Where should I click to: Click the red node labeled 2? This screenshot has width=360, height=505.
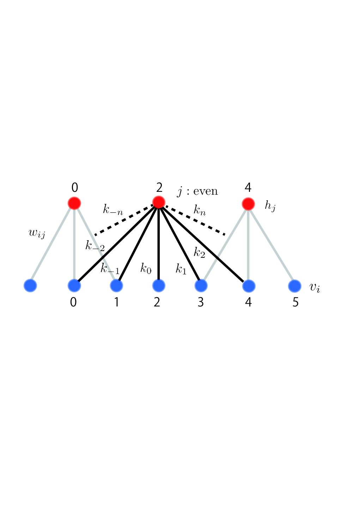pos(159,202)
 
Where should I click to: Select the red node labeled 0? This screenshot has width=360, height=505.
pos(74,203)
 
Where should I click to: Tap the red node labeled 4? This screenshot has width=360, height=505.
pos(248,204)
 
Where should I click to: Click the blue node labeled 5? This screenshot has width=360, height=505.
pos(295,286)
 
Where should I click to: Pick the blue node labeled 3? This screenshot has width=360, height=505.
pos(201,286)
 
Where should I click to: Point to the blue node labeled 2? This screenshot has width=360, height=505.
pos(159,286)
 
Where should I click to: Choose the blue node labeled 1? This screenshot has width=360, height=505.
pos(117,286)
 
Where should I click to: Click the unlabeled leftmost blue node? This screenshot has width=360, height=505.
pos(30,285)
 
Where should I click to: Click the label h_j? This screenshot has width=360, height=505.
pos(270,206)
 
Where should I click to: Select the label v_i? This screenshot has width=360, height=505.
pos(315,288)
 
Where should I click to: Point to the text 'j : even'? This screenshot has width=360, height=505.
pos(197,191)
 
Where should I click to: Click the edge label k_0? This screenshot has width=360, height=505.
pos(146,268)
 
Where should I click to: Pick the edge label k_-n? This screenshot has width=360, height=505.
pos(113,209)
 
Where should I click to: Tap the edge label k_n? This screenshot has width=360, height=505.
pos(200,210)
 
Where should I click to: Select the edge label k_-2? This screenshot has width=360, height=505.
pos(95,246)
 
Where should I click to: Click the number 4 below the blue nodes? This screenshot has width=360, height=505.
pos(248,303)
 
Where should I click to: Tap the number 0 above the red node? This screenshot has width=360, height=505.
pos(75,188)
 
